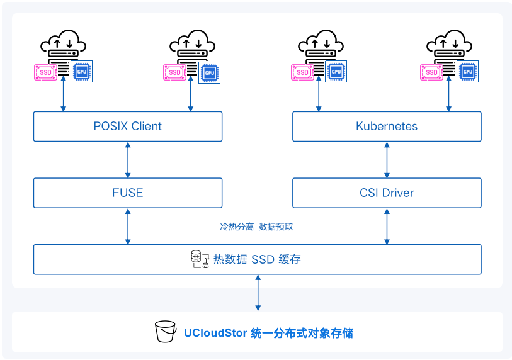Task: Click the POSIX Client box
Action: (x=128, y=127)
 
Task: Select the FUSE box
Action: (x=128, y=193)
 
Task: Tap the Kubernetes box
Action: (x=387, y=127)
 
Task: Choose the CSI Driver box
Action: (x=387, y=193)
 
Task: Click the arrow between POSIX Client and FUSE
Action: (x=128, y=160)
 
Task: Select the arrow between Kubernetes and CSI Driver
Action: (x=387, y=160)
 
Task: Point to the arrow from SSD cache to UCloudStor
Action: (x=258, y=293)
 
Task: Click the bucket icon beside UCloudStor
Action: (x=166, y=331)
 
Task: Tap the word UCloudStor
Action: (x=215, y=333)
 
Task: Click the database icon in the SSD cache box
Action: (x=200, y=259)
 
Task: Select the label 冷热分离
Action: (x=237, y=227)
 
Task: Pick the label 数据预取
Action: (x=276, y=227)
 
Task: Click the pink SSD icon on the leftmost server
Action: (x=46, y=72)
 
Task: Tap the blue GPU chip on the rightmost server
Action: (x=467, y=72)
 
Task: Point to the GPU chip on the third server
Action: (x=336, y=72)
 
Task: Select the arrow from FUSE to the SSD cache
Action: (x=128, y=227)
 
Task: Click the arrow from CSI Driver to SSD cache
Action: (x=387, y=227)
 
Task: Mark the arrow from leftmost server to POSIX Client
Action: (x=64, y=94)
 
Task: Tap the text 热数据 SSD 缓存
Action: (x=257, y=259)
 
